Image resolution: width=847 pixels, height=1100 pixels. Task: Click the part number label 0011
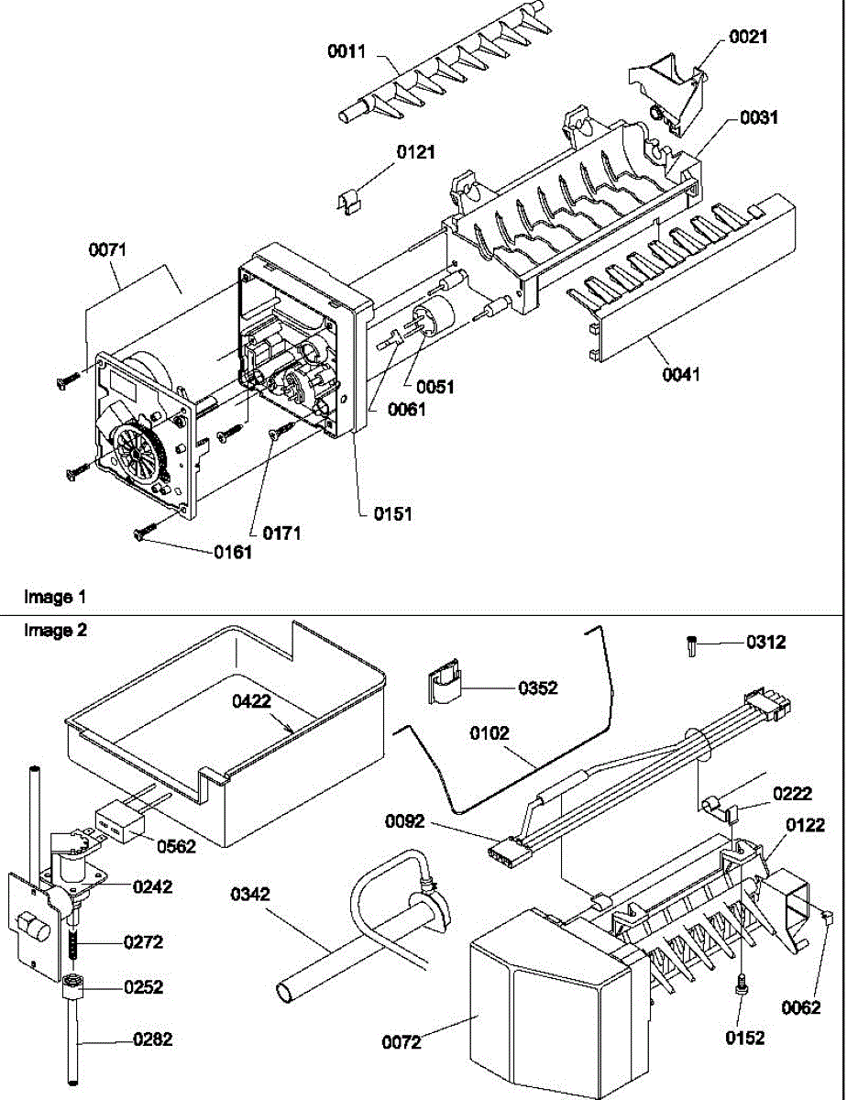pos(346,51)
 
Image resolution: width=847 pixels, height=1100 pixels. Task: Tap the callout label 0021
pos(748,37)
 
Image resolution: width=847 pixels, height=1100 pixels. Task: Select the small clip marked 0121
pos(351,202)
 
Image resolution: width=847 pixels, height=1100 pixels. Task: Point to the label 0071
pos(107,249)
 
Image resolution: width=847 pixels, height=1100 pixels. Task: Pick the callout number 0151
pos(392,514)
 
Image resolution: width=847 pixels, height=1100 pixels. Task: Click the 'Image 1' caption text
pos(55,597)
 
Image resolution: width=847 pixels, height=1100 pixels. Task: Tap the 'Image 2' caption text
pos(55,631)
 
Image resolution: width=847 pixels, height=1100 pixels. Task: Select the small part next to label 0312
pos(693,647)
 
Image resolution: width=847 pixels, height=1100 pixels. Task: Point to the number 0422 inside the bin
pos(251,701)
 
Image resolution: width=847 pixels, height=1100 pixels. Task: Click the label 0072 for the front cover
pos(401,1041)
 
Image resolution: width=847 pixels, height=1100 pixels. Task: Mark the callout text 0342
pos(249,895)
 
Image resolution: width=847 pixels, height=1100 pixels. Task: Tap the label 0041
pos(681,375)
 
